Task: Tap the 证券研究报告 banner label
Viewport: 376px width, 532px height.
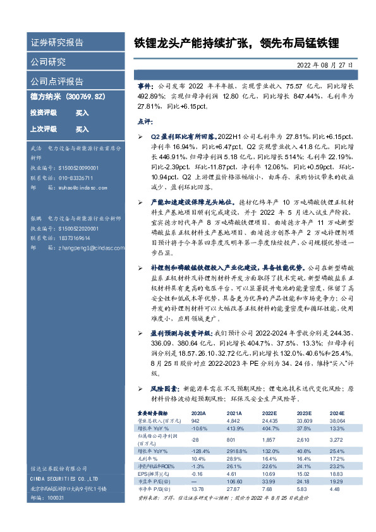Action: [x=57, y=43]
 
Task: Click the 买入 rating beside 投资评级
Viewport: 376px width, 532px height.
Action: [x=82, y=112]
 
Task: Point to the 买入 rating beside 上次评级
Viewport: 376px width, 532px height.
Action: [x=82, y=129]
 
